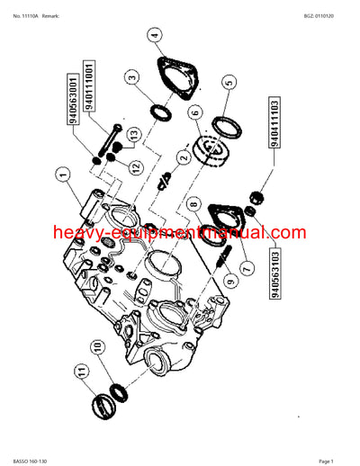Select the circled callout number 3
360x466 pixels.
[x=133, y=78]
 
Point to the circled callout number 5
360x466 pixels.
[x=229, y=84]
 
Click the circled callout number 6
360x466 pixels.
[x=193, y=112]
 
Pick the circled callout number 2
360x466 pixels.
[x=182, y=159]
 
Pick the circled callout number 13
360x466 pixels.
[x=132, y=136]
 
